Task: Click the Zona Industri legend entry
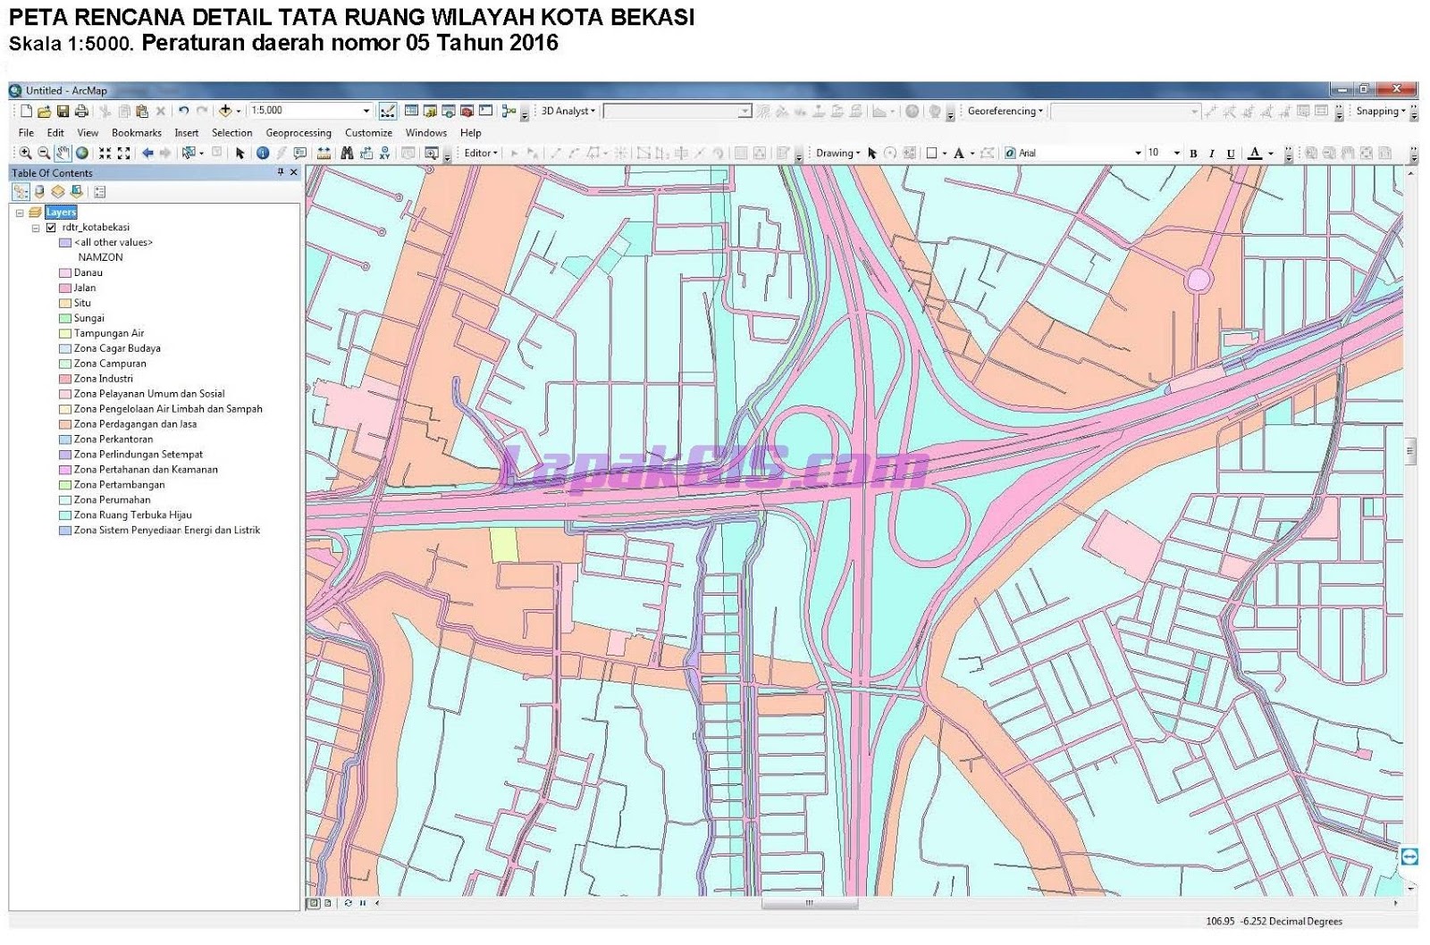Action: point(103,379)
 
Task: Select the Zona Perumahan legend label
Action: point(112,500)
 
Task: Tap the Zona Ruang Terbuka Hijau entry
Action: point(132,515)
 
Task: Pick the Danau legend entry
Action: point(88,272)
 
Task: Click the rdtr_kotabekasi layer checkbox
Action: point(51,227)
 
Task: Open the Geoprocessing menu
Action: point(299,133)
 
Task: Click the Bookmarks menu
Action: point(136,133)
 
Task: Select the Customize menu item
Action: point(368,133)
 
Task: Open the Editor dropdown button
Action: point(480,154)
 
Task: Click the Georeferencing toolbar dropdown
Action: point(1005,112)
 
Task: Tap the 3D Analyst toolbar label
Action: point(568,112)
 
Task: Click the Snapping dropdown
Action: point(1380,112)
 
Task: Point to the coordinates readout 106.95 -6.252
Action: point(1274,922)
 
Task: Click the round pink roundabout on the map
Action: point(1199,280)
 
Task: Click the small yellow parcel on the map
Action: point(504,545)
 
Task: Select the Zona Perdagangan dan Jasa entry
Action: point(135,424)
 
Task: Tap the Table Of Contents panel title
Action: point(52,173)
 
